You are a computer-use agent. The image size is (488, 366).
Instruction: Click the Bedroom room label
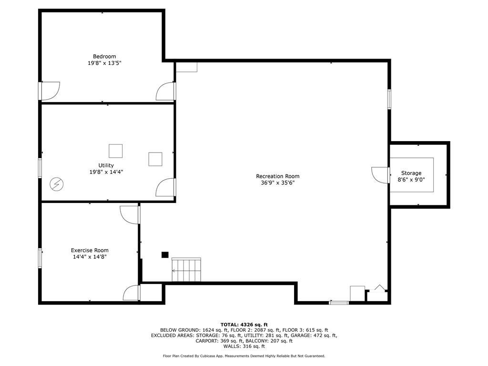[x=104, y=56]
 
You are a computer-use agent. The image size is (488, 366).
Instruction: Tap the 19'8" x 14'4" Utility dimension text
[x=106, y=172]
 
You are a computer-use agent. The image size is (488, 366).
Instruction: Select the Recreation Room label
[x=278, y=176]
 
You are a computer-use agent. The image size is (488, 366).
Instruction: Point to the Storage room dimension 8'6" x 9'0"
[x=411, y=180]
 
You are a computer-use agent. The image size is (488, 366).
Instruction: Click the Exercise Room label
[x=90, y=250]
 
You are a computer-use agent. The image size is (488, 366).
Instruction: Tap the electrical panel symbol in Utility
[x=57, y=184]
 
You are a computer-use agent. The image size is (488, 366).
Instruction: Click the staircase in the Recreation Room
[x=186, y=270]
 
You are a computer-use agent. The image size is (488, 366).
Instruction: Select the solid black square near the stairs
[x=165, y=255]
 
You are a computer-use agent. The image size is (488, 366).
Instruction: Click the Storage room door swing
[x=380, y=175]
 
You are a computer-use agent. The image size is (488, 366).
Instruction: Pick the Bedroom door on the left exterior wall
[x=50, y=91]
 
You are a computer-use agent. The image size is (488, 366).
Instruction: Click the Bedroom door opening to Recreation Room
[x=166, y=91]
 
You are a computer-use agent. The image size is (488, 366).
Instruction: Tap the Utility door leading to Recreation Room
[x=166, y=187]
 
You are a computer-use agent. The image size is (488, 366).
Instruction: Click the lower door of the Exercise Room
[x=132, y=293]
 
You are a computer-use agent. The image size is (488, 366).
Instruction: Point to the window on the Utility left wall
[x=40, y=168]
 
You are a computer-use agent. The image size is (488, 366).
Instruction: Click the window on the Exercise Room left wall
[x=40, y=258]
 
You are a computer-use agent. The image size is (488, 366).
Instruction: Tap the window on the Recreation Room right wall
[x=389, y=99]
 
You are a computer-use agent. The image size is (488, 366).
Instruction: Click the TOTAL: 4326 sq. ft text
[x=244, y=325]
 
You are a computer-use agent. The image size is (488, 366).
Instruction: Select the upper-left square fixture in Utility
[x=115, y=151]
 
